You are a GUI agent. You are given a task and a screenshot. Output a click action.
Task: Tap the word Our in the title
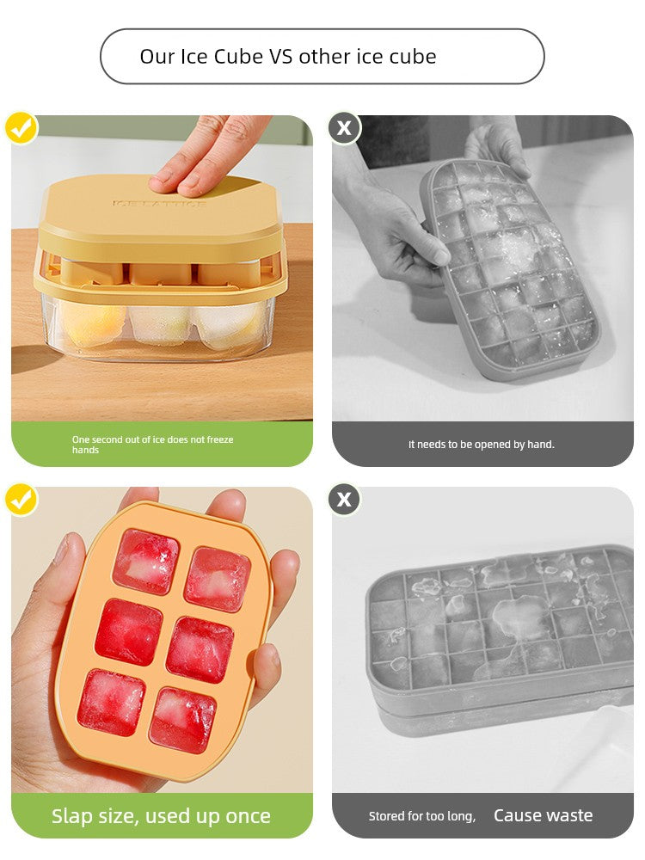tap(157, 57)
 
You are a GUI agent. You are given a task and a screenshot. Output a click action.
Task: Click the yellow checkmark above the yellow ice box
tap(21, 128)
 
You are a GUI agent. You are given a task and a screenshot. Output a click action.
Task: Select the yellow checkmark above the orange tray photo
tap(21, 500)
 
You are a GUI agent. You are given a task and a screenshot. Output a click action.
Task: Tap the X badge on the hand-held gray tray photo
tap(344, 128)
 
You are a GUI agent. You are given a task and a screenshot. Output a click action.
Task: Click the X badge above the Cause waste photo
tap(344, 500)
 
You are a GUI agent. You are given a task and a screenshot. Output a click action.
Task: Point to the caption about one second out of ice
tap(152, 445)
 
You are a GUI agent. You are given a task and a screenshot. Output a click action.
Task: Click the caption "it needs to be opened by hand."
tap(481, 445)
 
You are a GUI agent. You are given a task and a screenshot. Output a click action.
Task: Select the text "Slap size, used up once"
tap(161, 816)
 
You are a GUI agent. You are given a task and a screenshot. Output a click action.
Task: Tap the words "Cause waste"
tap(543, 816)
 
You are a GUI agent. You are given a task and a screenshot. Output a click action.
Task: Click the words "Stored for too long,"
tap(421, 816)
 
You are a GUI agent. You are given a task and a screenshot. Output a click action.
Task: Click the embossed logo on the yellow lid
tap(159, 204)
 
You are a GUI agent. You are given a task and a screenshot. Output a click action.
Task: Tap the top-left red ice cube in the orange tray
tap(145, 562)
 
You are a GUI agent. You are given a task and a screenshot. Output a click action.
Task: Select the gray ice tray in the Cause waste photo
tap(499, 636)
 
